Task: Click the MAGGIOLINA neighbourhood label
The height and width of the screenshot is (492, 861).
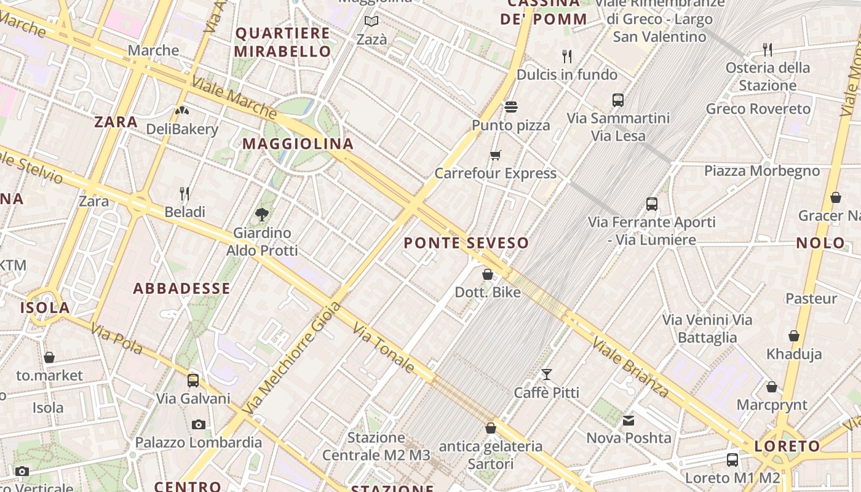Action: [x=298, y=144]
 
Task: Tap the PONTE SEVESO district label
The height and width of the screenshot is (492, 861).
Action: [x=466, y=243]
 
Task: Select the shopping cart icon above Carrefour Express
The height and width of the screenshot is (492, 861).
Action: [x=496, y=154]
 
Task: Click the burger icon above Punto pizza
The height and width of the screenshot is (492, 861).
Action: [x=510, y=107]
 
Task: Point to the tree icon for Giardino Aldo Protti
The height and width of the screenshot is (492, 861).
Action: [x=262, y=214]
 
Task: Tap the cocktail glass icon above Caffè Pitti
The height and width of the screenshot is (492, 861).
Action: [x=546, y=374]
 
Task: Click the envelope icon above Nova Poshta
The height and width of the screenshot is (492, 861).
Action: [x=629, y=420]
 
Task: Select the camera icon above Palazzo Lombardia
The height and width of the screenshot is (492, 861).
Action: [x=198, y=424]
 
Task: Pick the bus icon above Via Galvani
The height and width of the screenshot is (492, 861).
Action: [x=193, y=380]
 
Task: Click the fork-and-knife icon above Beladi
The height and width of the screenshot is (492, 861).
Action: [x=184, y=194]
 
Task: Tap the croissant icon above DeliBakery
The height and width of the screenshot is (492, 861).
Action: [x=182, y=111]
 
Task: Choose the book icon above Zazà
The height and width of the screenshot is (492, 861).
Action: [x=371, y=22]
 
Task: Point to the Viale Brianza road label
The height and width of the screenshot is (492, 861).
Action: [x=630, y=367]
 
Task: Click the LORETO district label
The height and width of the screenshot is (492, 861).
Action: [x=787, y=446]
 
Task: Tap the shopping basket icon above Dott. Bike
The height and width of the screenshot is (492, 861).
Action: [x=488, y=274]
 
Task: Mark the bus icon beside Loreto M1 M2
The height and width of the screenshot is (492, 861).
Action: [x=732, y=459]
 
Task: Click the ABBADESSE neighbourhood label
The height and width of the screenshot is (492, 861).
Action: [x=181, y=288]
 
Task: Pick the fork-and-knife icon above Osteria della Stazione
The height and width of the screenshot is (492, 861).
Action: [x=767, y=49]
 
